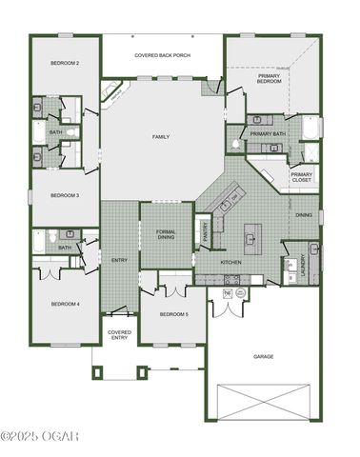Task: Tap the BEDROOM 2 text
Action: [x=64, y=63]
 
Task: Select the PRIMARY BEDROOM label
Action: [x=269, y=79]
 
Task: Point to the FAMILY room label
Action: [x=161, y=137]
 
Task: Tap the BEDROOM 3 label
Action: [x=64, y=195]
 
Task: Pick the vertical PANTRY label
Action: [x=206, y=231]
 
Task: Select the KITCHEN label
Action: [x=231, y=262]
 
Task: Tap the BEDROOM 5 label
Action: [x=172, y=313]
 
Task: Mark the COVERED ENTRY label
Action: [x=119, y=334]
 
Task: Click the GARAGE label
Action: [x=263, y=356]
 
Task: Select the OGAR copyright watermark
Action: [x=40, y=436]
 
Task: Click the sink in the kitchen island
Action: [x=251, y=234]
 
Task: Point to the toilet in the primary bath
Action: [x=235, y=145]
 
